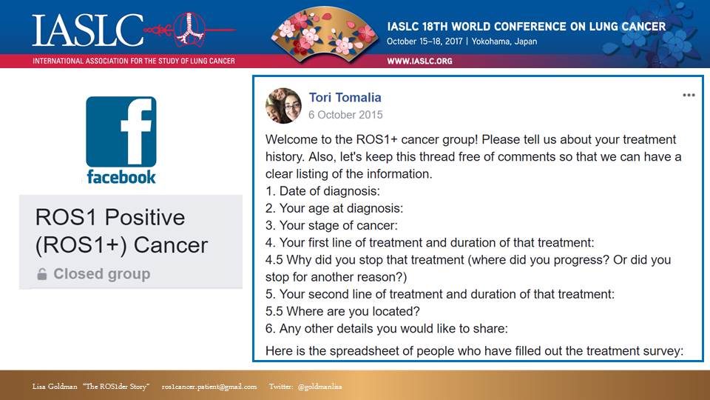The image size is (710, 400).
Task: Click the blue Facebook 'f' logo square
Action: coord(121,132)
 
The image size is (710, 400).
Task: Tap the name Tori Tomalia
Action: coord(345,98)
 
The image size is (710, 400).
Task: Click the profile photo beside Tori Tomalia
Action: coord(283,106)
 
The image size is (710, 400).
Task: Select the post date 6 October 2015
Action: coord(345,115)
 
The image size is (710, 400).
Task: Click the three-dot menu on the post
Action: coord(689,96)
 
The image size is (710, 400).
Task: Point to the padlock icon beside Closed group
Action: coord(41,274)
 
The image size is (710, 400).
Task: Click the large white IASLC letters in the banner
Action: coord(87,30)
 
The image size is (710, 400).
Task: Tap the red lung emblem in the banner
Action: coord(189,29)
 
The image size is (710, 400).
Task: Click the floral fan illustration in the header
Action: coord(324,35)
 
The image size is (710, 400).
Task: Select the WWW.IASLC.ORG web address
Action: coord(419,61)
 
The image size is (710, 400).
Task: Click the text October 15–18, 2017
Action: coord(425,41)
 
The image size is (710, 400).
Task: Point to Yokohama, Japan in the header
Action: coord(504,41)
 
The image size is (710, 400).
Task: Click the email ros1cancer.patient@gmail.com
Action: coord(209,387)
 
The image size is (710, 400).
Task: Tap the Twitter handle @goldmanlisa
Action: coord(319,387)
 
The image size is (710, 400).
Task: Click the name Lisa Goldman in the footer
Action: coord(55,387)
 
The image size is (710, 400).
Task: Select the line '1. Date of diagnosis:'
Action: coord(322,191)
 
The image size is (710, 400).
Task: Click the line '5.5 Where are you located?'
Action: coord(342,311)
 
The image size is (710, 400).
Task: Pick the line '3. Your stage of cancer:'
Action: coord(331,225)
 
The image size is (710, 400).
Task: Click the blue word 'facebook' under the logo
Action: coord(121,177)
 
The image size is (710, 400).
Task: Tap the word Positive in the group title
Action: coord(145,217)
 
